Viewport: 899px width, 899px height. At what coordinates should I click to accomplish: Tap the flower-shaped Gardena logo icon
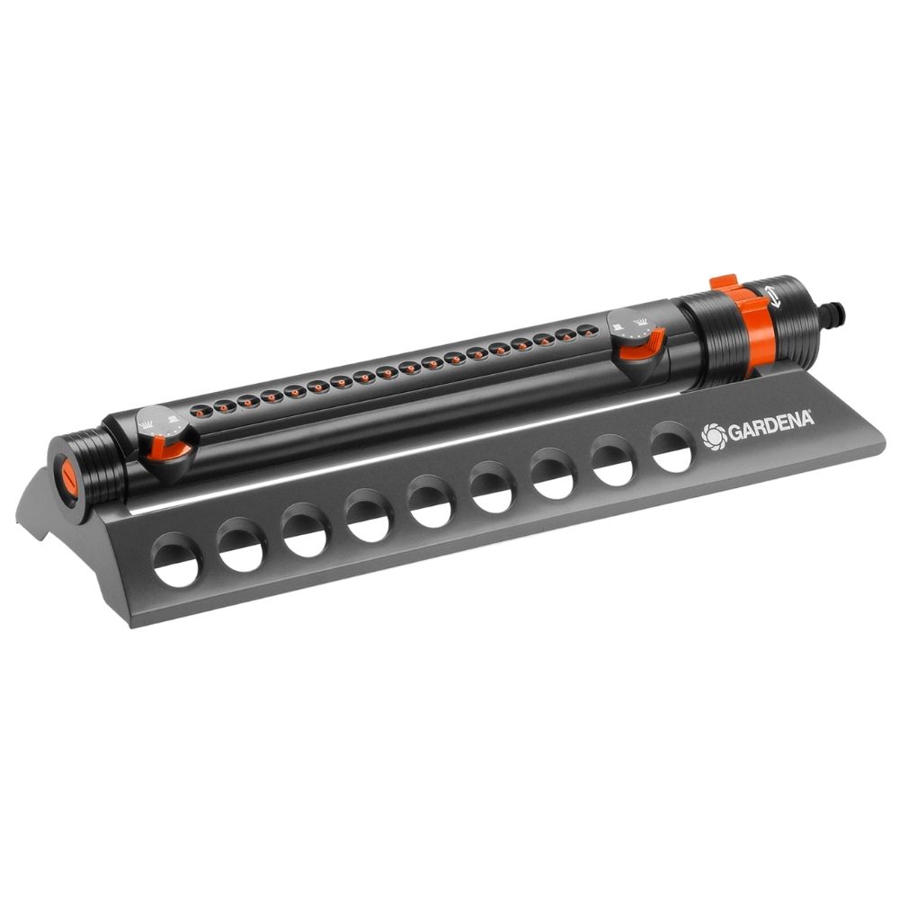[x=712, y=436]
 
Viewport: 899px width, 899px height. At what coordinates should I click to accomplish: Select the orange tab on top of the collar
[x=724, y=284]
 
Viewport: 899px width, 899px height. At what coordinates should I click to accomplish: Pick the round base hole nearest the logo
[x=672, y=447]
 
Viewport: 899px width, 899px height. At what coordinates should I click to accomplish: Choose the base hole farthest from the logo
[x=176, y=560]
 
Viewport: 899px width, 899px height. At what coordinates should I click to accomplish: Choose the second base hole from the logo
[x=613, y=460]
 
